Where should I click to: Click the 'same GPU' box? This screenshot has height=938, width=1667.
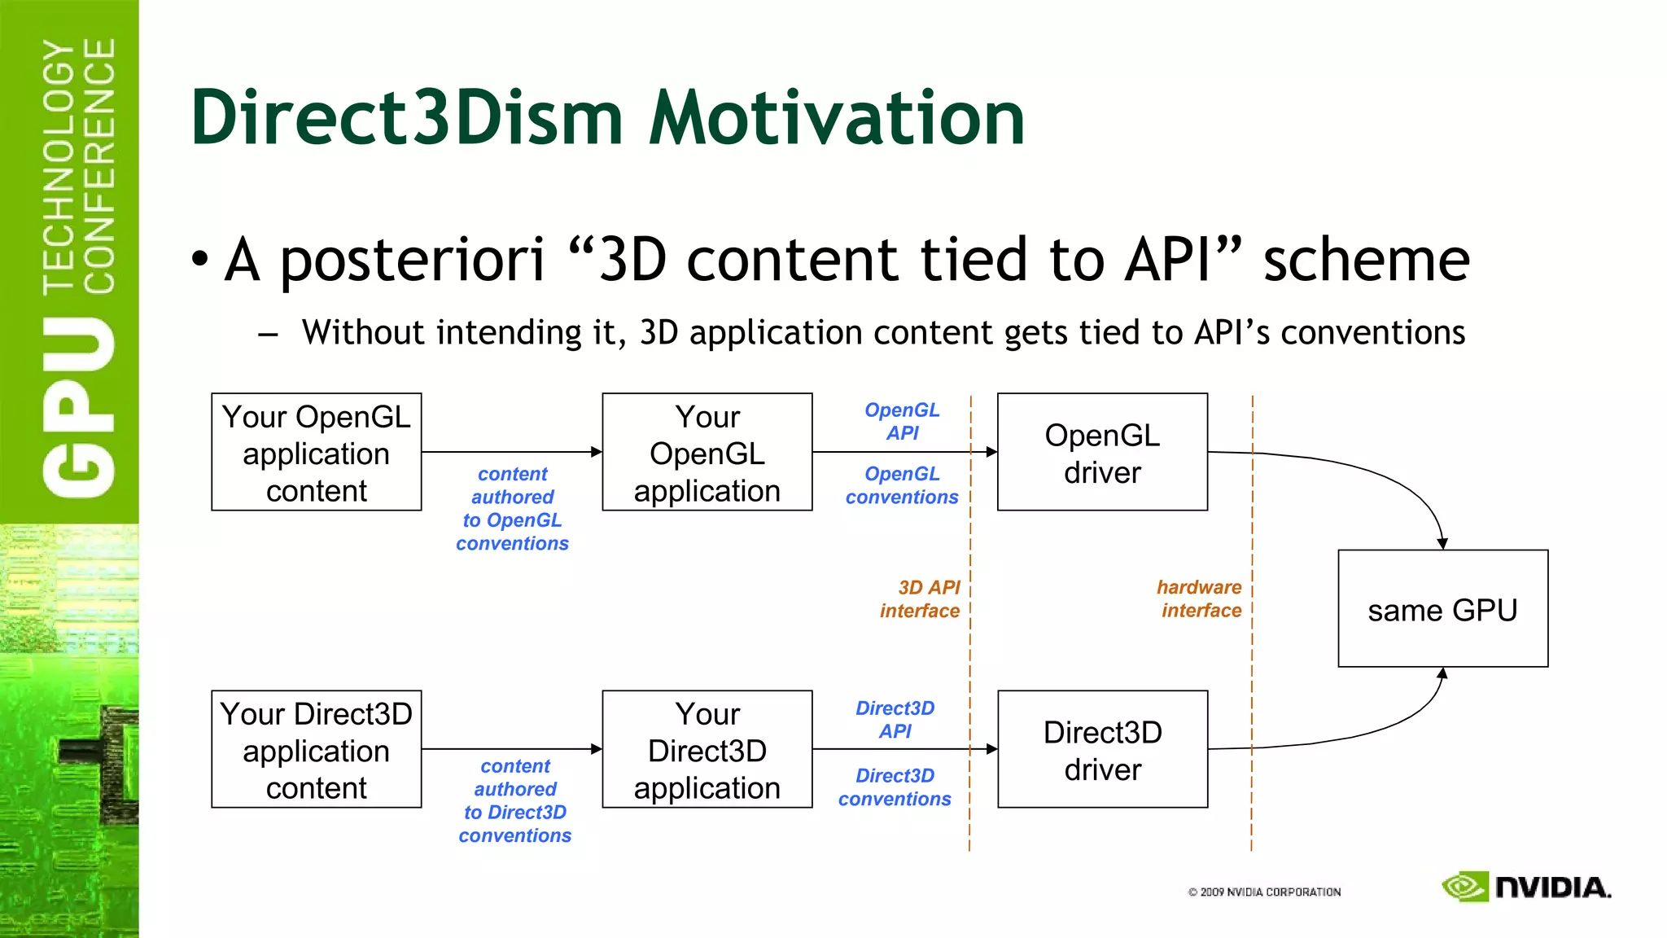coord(1442,609)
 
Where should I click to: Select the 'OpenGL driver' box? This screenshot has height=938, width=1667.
coord(1102,453)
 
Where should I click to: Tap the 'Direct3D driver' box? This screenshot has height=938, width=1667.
coord(1102,750)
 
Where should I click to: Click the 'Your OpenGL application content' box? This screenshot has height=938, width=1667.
coord(316,453)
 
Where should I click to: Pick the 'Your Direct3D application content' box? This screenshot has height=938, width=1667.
coord(316,750)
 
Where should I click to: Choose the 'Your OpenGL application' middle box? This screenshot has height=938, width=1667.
coord(707,453)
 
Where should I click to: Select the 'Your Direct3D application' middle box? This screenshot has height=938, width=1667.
coord(707,750)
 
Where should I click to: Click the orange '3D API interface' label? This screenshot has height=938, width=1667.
coord(921,599)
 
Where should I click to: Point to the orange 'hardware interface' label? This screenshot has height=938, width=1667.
coord(1200,599)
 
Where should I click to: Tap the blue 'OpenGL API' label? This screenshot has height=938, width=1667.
coord(902,421)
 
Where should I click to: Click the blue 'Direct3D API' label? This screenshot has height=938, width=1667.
coord(895,720)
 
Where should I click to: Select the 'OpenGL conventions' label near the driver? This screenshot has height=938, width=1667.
coord(902,485)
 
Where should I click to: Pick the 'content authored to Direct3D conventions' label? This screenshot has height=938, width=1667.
coord(514,800)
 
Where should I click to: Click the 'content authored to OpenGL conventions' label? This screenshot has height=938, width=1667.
coord(512,508)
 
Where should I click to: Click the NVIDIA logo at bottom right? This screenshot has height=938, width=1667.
coord(1526,887)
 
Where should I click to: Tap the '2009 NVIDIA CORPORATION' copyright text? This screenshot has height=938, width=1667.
coord(1264,892)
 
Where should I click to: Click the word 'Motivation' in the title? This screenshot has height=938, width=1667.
coord(837,118)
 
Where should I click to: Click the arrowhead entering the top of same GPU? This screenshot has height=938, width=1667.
coord(1442,543)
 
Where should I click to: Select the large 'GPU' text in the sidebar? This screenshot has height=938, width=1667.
coord(79,407)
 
